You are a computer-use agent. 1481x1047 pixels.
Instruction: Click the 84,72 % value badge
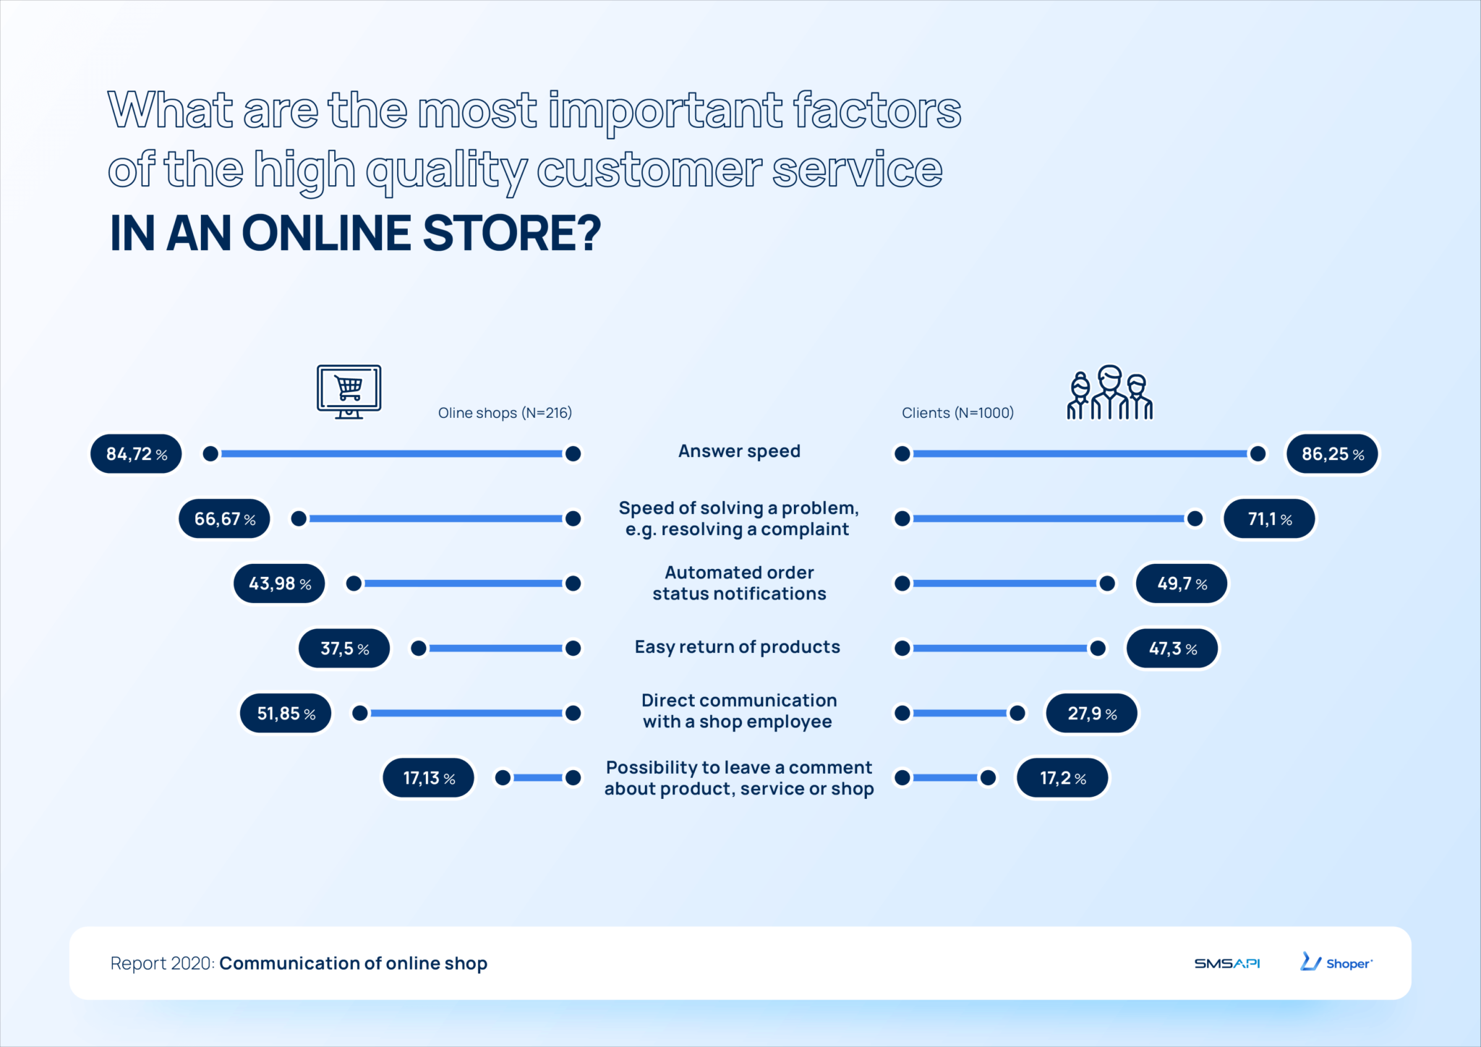coord(136,454)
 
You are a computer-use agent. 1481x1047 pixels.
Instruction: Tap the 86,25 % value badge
coord(1332,454)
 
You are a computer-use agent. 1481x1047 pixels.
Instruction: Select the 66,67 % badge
coord(224,519)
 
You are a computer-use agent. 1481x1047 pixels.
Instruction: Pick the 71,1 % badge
coord(1269,519)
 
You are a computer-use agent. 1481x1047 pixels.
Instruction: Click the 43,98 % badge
coord(279,584)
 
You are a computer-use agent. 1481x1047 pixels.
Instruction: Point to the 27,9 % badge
coord(1092,714)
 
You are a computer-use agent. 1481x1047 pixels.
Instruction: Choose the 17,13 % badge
coord(429,778)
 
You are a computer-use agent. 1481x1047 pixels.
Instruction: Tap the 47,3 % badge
coord(1172,649)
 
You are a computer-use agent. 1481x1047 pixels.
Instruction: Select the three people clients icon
coord(1109,393)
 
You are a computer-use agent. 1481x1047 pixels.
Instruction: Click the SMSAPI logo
coord(1226,963)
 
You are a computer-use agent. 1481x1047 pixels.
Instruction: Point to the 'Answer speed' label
coord(739,451)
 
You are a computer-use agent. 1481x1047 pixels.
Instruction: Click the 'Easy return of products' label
coord(738,647)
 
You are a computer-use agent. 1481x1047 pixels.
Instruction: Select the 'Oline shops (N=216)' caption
coord(505,413)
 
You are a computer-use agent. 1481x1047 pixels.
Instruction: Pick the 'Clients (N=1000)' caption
coord(957,413)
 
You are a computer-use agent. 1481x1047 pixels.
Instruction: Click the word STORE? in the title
coord(512,234)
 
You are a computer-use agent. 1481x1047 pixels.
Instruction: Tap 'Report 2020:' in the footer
coord(163,963)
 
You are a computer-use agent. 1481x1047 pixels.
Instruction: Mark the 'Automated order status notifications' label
coord(739,583)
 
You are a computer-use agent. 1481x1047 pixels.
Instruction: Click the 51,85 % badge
coord(286,714)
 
